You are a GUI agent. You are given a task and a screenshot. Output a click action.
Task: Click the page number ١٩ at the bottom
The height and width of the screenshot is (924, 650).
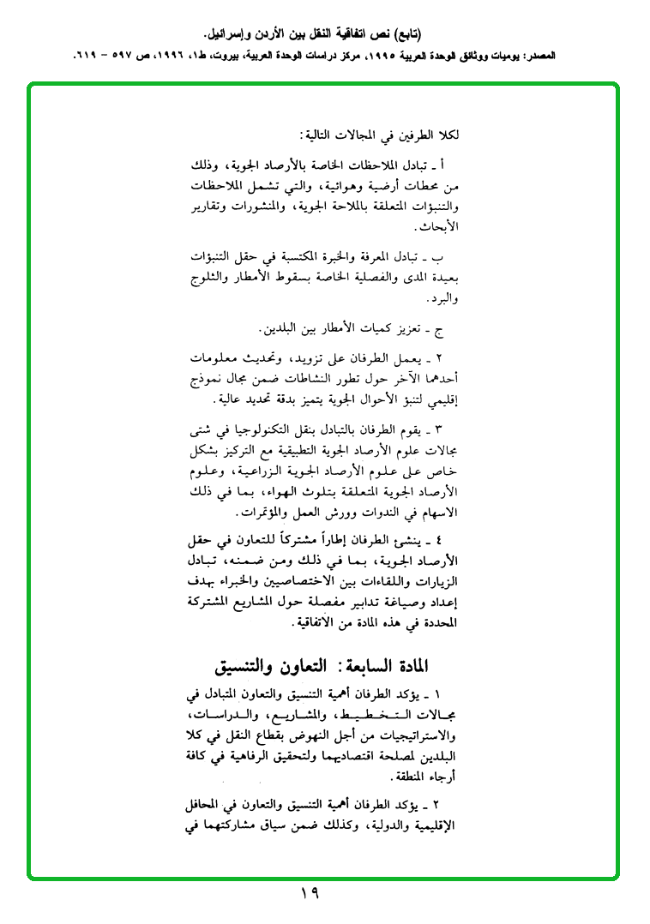[x=310, y=893]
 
